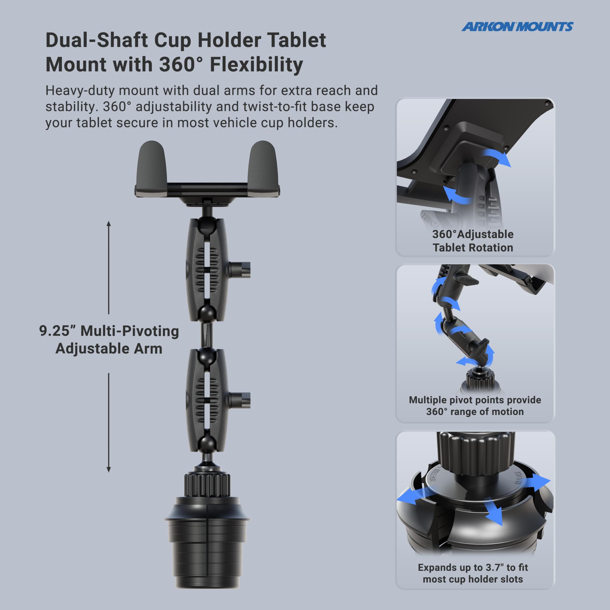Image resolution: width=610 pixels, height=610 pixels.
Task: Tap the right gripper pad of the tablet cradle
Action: click(263, 167)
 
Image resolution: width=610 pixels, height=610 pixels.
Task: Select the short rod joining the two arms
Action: click(207, 335)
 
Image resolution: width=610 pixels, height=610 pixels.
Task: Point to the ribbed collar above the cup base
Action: click(207, 485)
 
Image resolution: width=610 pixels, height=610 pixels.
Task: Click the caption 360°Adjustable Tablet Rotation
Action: click(473, 241)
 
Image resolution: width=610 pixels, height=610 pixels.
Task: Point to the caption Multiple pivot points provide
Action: click(475, 400)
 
